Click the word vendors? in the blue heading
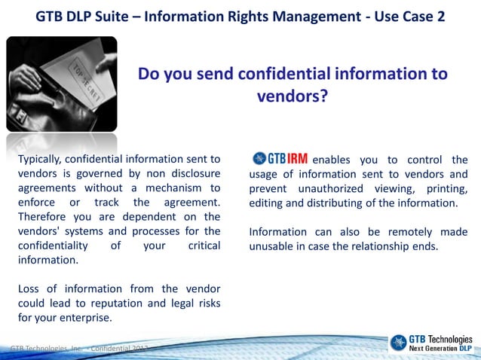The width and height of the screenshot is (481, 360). click(x=293, y=96)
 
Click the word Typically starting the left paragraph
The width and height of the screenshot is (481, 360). click(x=44, y=159)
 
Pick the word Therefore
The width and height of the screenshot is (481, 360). click(x=44, y=217)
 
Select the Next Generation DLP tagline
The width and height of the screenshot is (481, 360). click(x=440, y=349)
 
